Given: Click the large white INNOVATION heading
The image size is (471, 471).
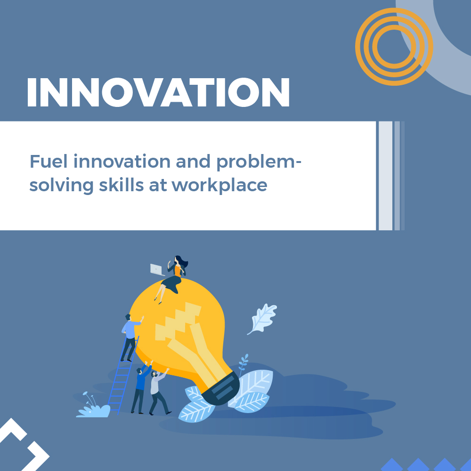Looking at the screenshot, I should pyautogui.click(x=158, y=92).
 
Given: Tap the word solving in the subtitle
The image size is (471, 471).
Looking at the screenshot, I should pyautogui.click(x=55, y=185).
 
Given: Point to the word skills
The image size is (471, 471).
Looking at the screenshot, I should pyautogui.click(x=108, y=184).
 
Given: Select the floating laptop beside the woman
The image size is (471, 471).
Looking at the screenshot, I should pyautogui.click(x=157, y=269).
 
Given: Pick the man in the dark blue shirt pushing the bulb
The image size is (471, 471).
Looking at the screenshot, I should pyautogui.click(x=140, y=386).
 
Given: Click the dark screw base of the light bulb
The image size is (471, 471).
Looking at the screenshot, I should pyautogui.click(x=221, y=389).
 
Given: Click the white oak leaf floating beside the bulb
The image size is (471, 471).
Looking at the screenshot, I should pyautogui.click(x=262, y=318).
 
